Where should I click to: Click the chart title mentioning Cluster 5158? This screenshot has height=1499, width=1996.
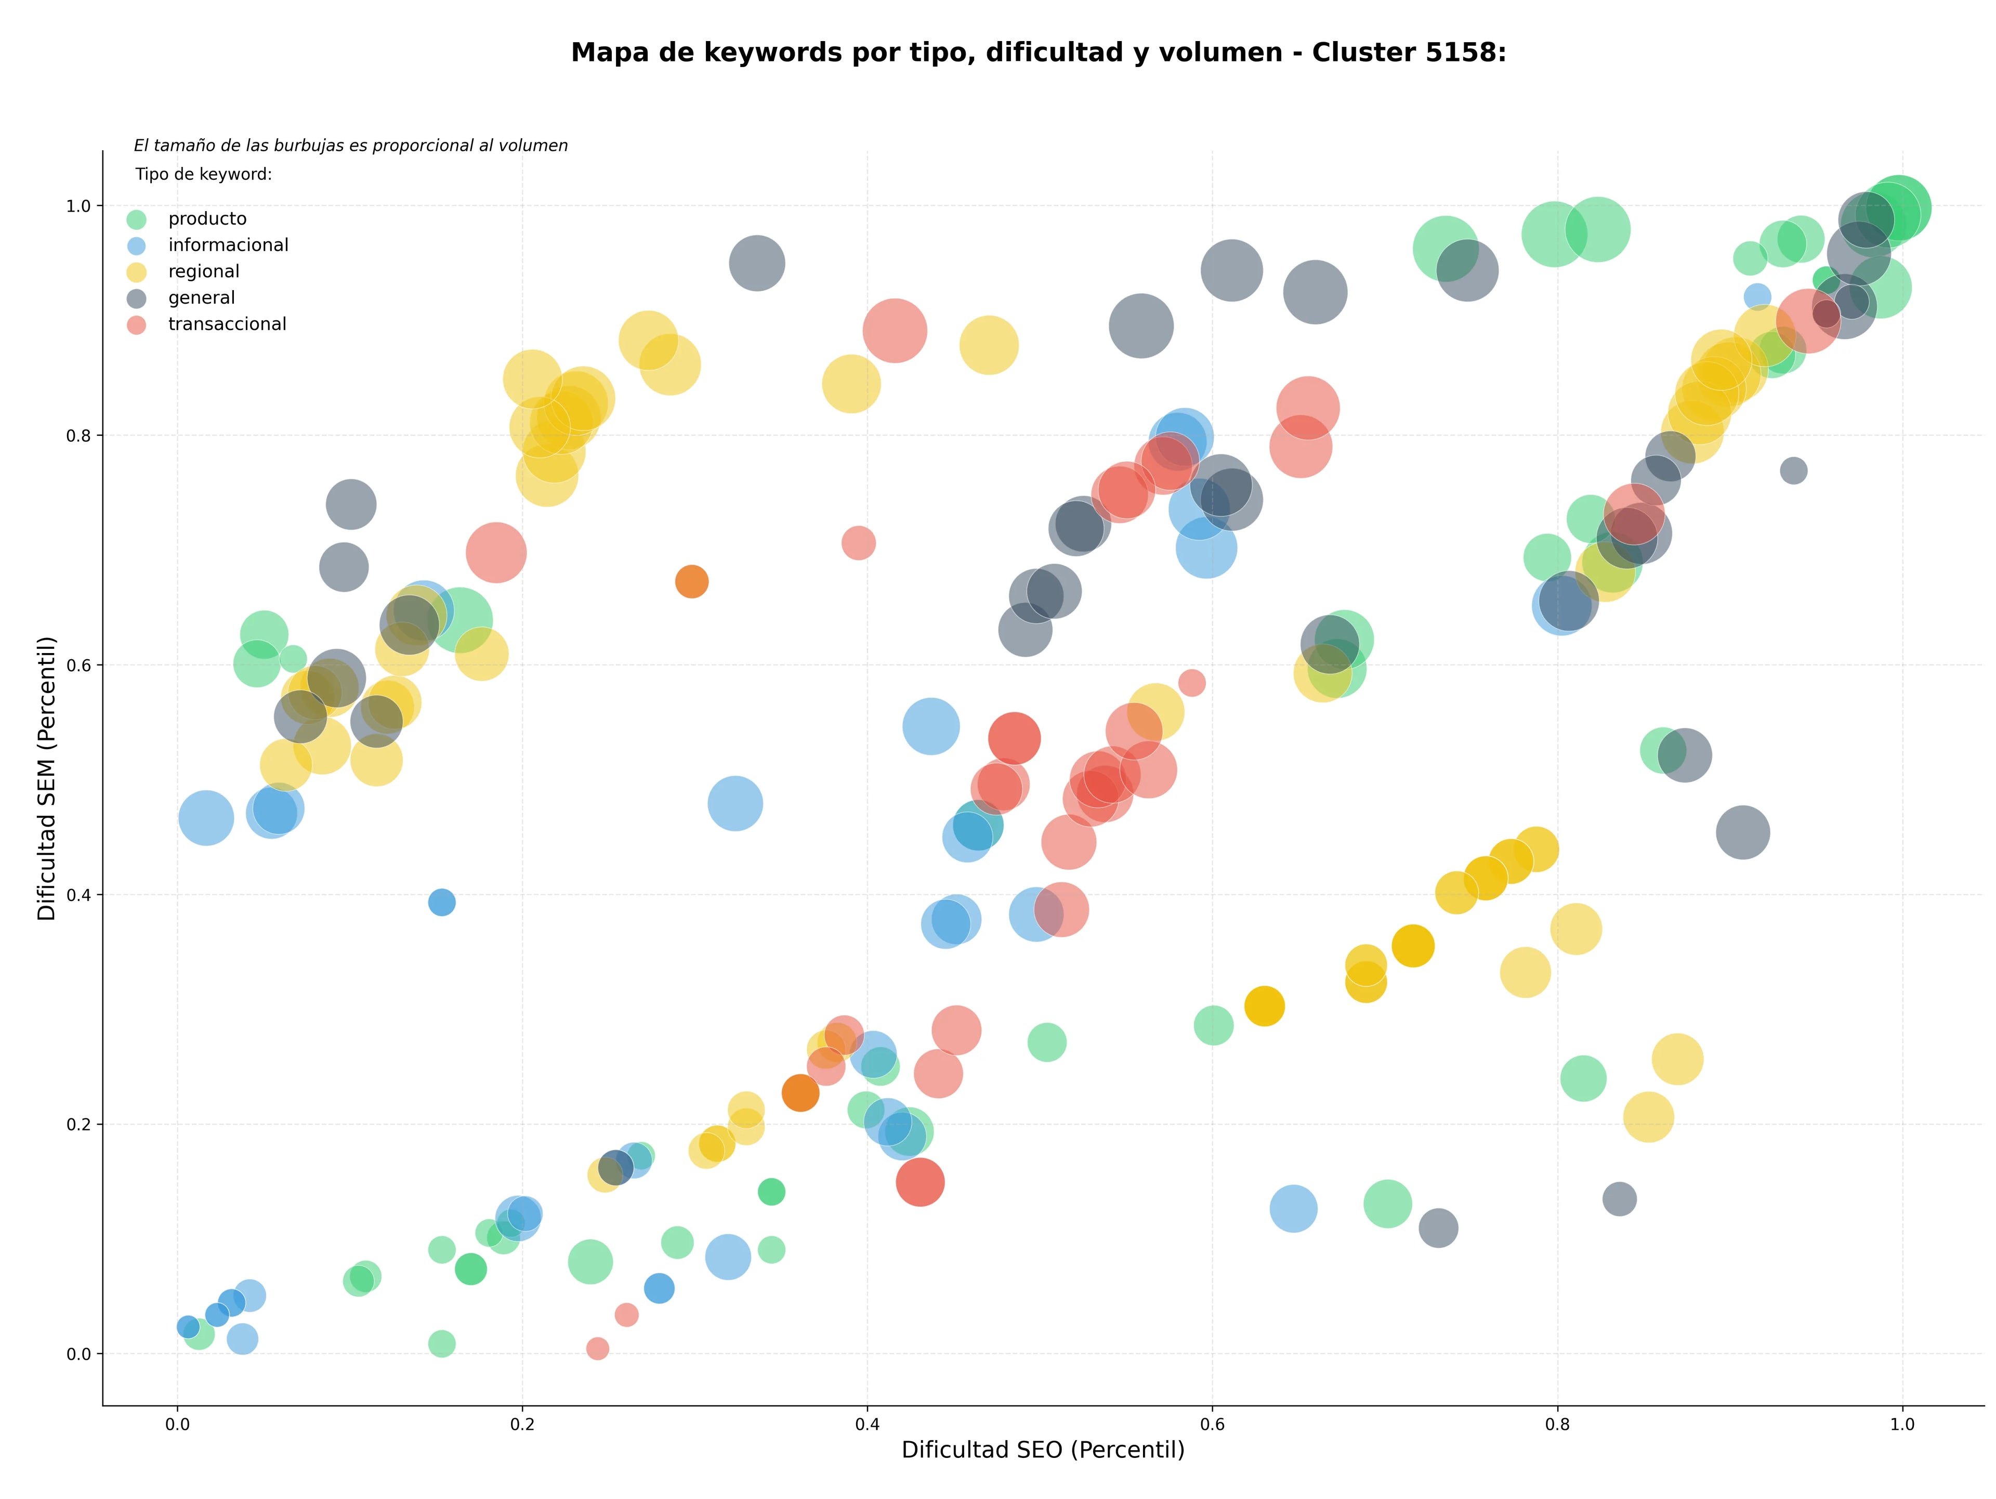1039,53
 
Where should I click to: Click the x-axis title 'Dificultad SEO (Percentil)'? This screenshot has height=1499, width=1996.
1043,1450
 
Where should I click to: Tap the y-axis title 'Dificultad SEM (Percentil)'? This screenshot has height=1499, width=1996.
47,778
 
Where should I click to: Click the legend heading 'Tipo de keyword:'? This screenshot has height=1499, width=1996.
204,174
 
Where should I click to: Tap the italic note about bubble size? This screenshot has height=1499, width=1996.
351,145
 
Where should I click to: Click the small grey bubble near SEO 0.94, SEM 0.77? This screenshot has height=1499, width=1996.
1794,470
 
